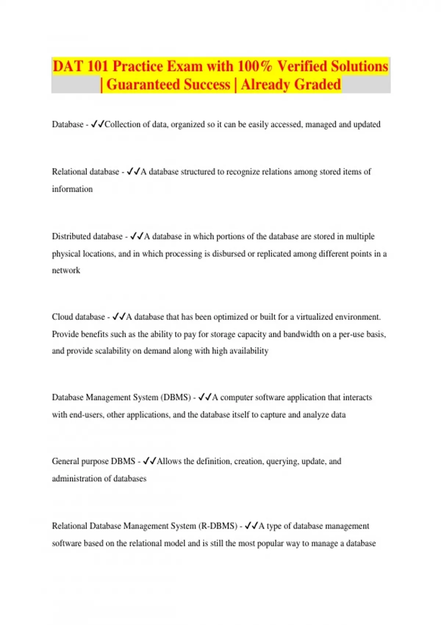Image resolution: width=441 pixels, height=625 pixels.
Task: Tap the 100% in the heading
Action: tap(255, 67)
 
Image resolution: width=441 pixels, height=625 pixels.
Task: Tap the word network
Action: tap(66, 271)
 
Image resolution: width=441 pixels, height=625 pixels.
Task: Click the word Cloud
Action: tap(62, 317)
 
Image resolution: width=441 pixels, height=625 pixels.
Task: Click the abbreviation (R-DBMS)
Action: tap(218, 526)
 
